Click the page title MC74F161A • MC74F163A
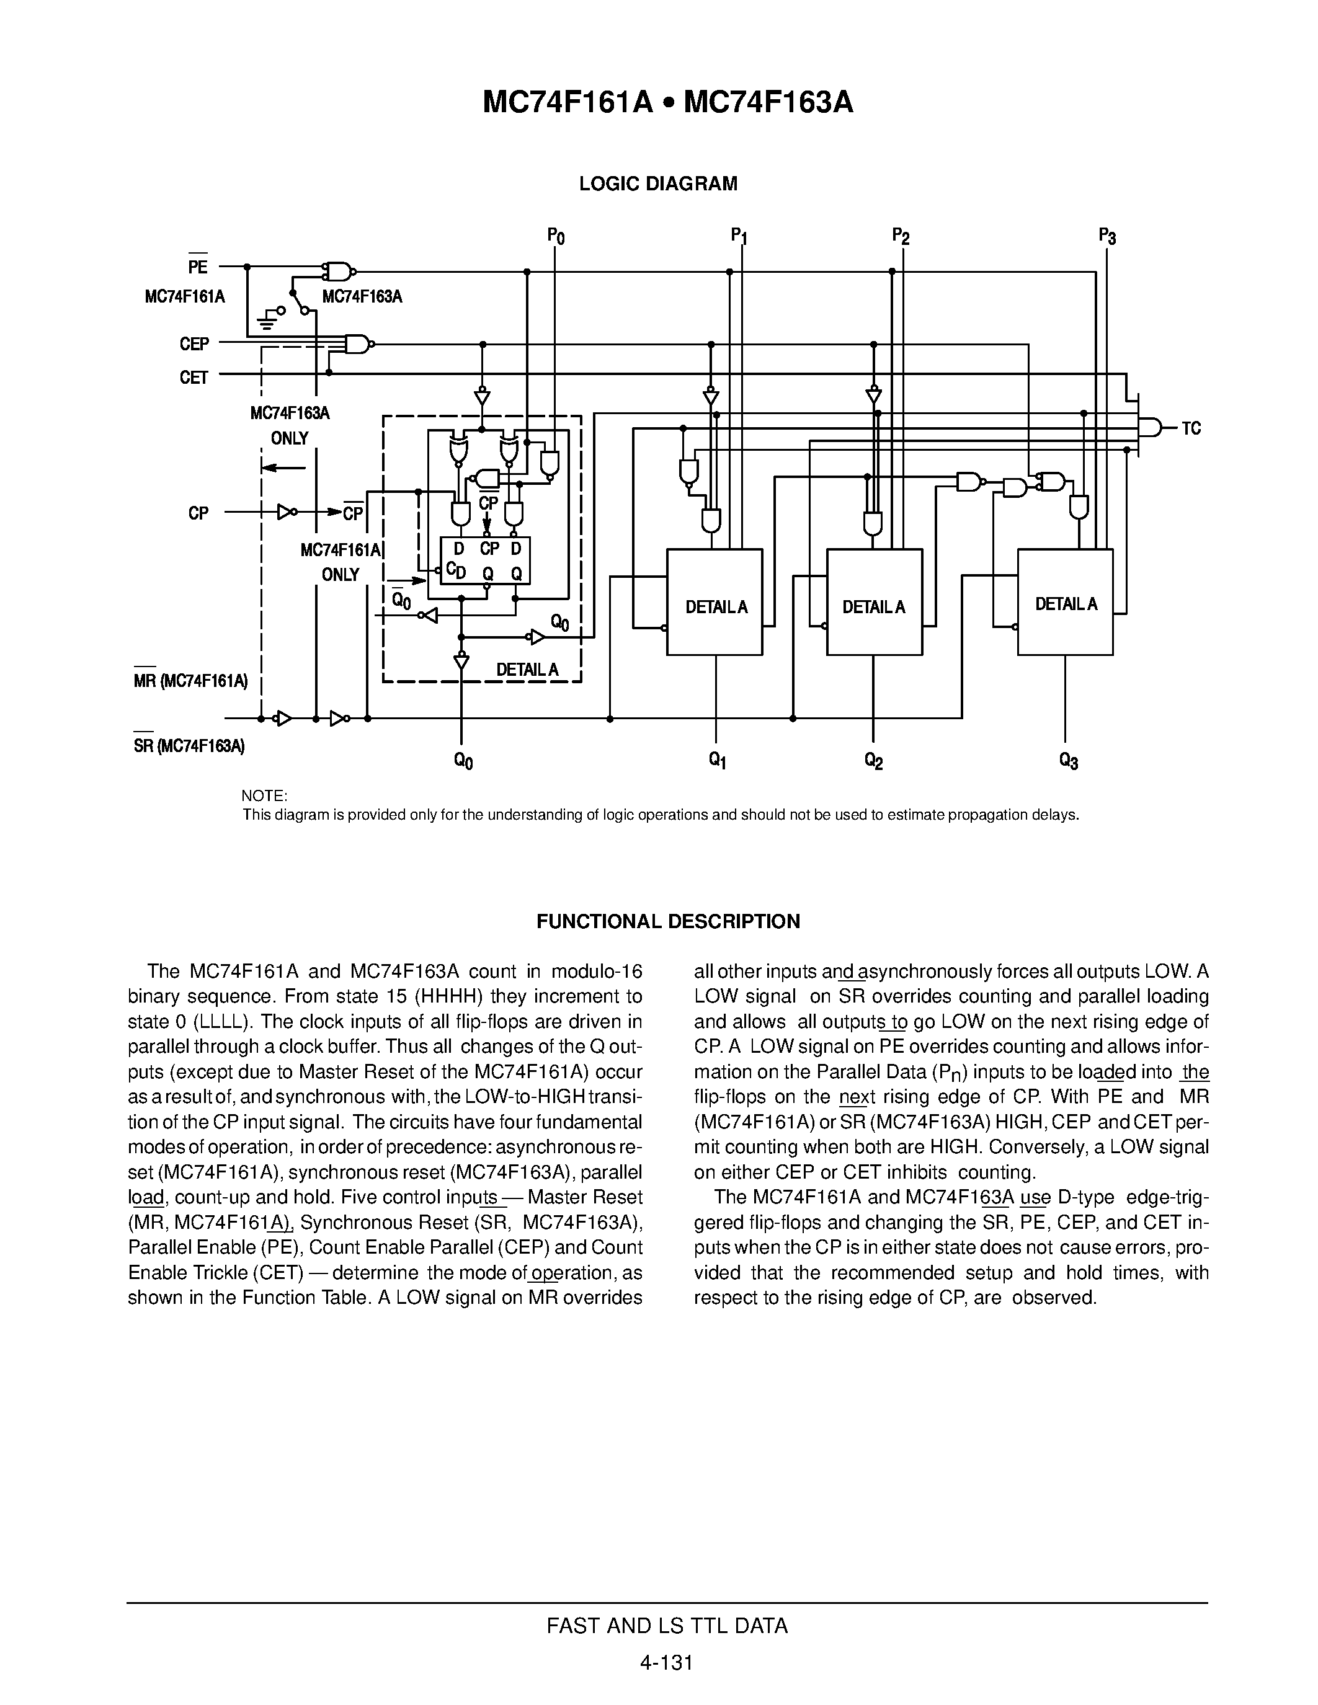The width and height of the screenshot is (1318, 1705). (667, 102)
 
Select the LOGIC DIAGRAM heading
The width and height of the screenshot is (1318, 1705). (657, 184)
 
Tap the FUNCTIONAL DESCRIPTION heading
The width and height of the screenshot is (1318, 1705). (667, 922)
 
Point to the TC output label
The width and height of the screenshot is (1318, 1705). (1191, 428)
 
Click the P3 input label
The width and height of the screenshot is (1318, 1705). (1106, 235)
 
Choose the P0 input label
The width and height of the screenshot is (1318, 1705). (555, 235)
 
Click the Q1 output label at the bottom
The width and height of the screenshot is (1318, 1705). (718, 760)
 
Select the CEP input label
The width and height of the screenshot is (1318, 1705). (194, 344)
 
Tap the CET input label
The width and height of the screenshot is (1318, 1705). (194, 378)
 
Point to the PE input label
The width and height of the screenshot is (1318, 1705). (197, 267)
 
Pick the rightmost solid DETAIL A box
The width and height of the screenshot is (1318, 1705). (1065, 602)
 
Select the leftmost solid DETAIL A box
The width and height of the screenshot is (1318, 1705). (715, 602)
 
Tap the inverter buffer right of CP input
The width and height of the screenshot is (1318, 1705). (287, 513)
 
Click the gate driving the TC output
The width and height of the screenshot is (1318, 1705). (1150, 428)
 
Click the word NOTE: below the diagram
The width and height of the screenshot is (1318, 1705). (265, 796)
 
